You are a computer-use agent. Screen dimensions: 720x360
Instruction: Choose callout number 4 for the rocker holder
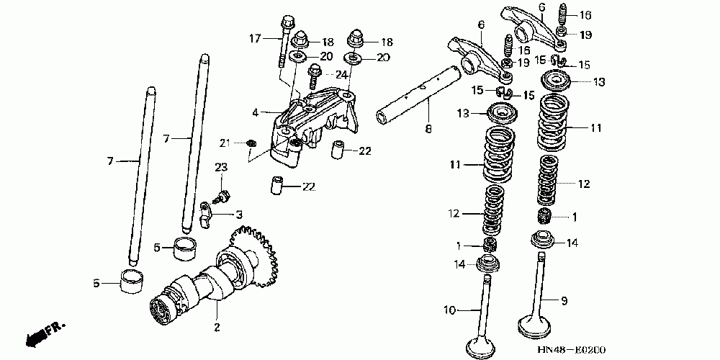255,112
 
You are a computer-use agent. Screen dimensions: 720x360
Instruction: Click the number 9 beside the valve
564,300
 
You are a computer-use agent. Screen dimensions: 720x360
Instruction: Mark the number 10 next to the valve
449,311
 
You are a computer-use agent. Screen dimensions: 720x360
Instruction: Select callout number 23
221,167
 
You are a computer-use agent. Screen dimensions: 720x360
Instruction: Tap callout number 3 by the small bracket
239,214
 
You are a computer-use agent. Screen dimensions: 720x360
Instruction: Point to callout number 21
224,141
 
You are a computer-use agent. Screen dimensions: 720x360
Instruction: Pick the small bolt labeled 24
314,72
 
